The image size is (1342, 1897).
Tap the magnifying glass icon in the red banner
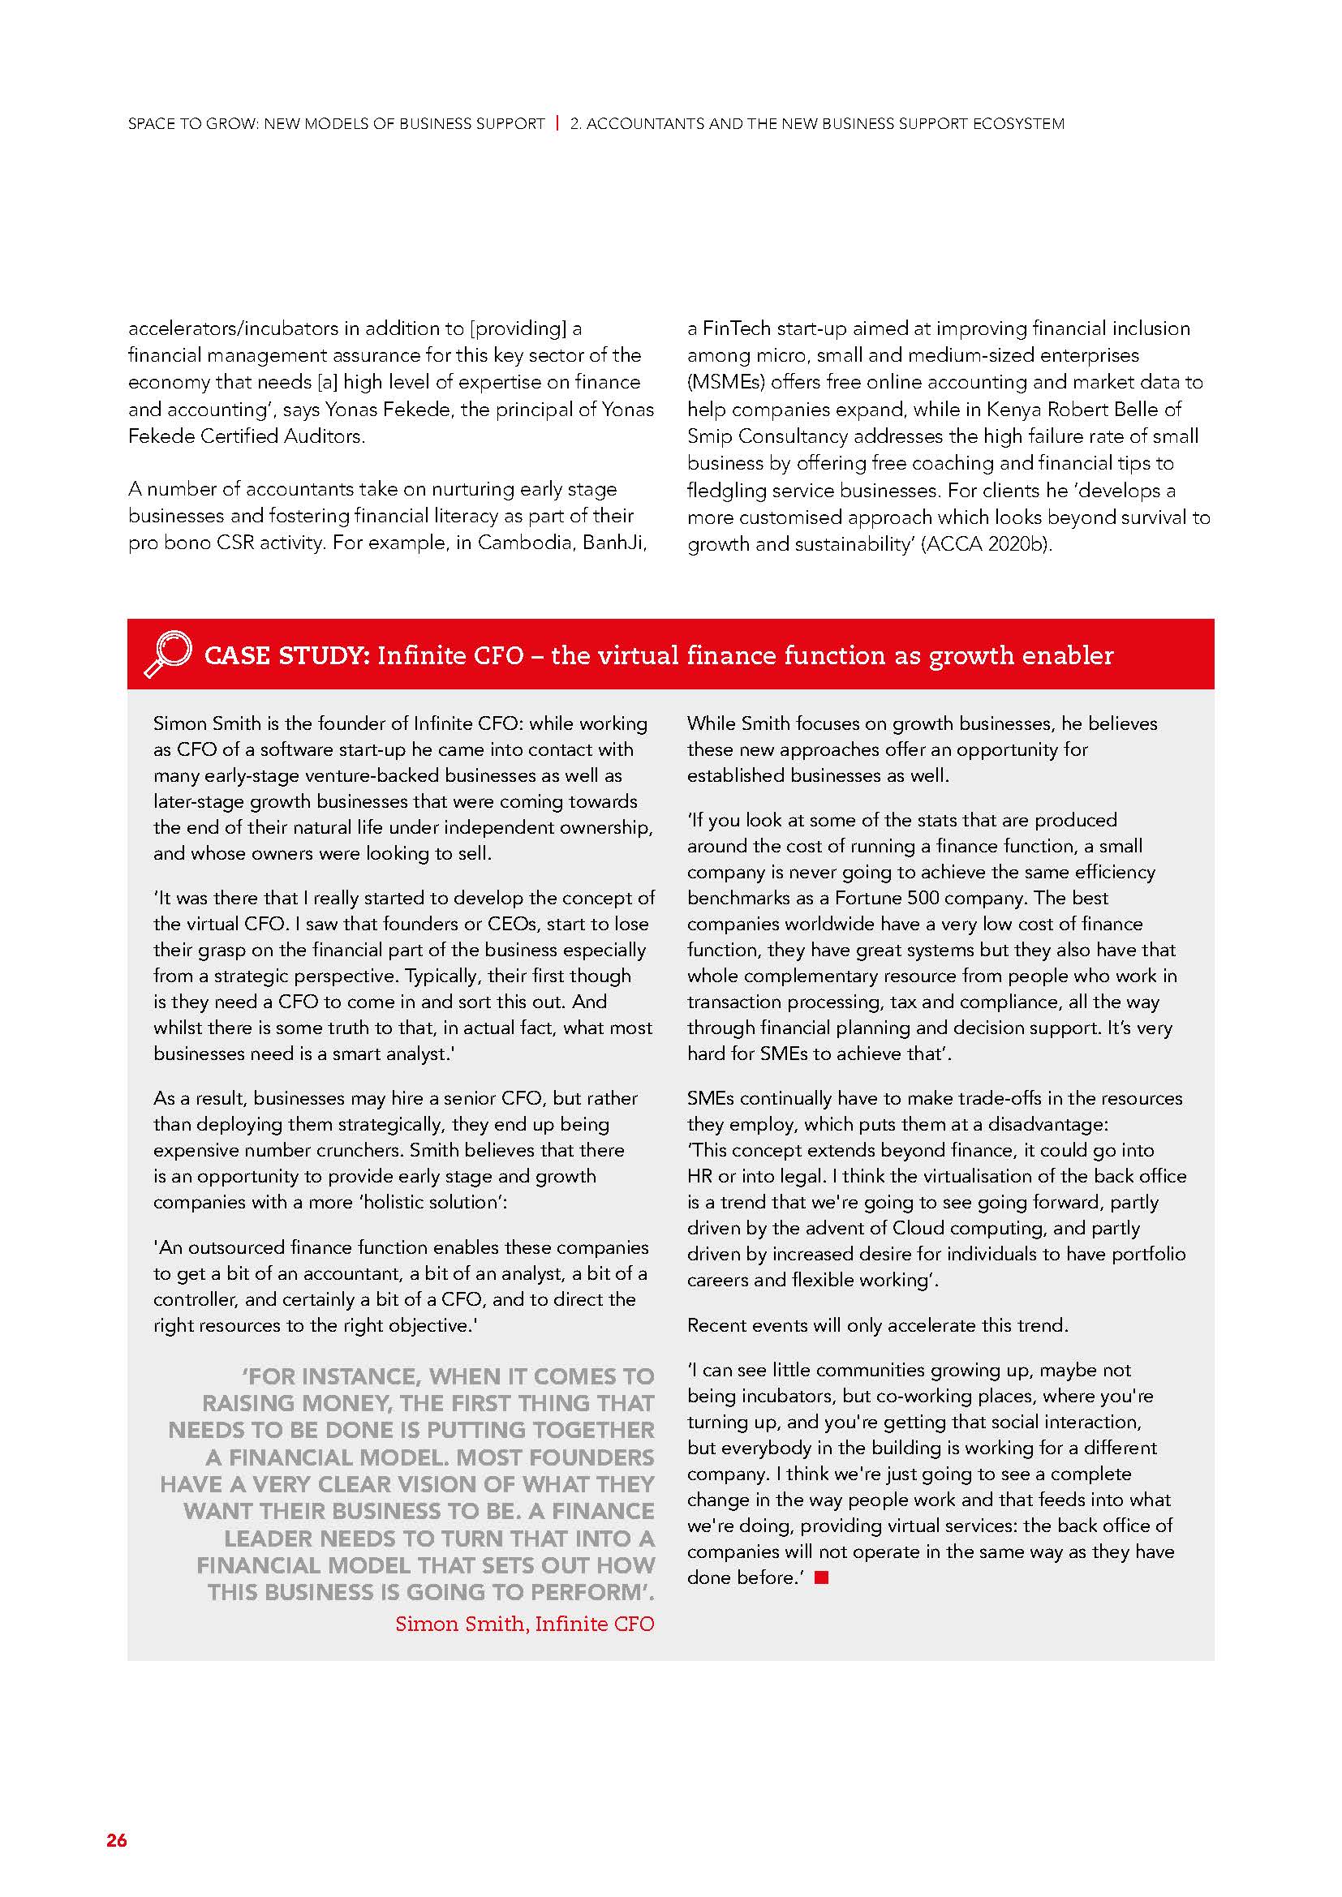click(168, 655)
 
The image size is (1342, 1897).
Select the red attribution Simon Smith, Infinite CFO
click(524, 1624)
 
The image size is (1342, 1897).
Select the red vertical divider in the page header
click(557, 123)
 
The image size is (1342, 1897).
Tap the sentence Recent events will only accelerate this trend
click(878, 1325)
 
